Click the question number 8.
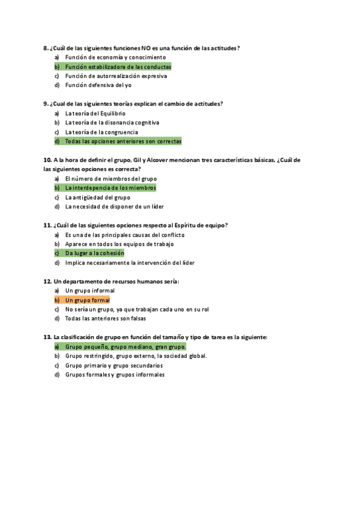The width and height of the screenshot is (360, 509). (x=46, y=48)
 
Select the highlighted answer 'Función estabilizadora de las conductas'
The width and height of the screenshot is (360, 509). (x=118, y=67)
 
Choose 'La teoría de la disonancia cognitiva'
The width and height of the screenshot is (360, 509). (x=112, y=122)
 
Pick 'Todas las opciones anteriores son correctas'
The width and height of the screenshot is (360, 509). (x=122, y=141)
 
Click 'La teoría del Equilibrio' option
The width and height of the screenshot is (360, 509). (x=95, y=113)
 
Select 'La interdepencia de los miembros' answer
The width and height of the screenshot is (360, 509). (x=110, y=188)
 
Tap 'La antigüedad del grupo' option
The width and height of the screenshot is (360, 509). (x=97, y=197)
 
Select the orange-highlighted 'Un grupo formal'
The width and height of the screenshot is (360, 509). (x=87, y=300)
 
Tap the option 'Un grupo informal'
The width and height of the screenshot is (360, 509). (x=89, y=291)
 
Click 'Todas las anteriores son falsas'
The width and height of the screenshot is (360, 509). (x=107, y=319)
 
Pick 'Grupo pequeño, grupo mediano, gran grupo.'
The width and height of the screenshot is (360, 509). (x=125, y=347)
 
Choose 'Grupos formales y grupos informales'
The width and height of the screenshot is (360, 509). (x=115, y=375)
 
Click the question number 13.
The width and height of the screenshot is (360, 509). (x=47, y=337)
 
